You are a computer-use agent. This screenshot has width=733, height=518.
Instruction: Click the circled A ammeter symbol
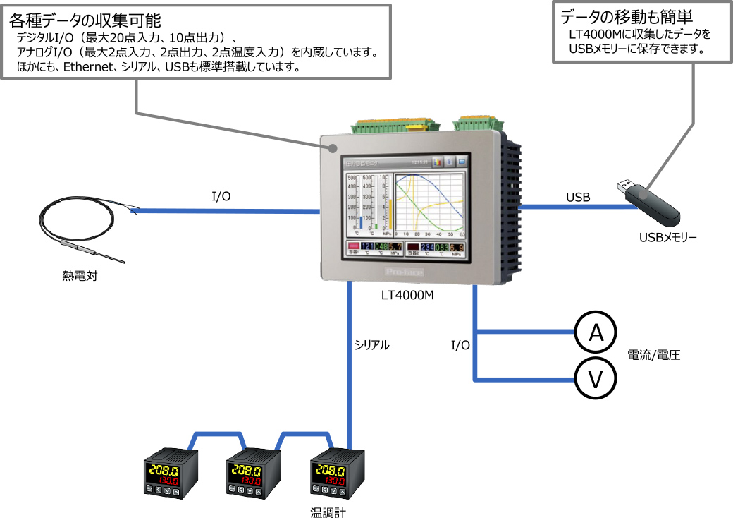pos(596,333)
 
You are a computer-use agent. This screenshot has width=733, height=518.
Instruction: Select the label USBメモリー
pos(667,238)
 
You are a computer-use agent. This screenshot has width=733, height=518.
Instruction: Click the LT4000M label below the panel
pos(407,296)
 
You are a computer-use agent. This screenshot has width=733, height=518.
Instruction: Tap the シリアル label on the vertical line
pos(371,345)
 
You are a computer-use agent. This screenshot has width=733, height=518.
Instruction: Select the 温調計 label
pos(328,512)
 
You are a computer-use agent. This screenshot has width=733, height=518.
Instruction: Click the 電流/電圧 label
pos(653,355)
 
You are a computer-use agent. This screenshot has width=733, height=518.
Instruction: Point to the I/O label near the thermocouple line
pos(221,197)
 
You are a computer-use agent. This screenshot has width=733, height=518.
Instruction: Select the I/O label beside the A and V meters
pos(460,345)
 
